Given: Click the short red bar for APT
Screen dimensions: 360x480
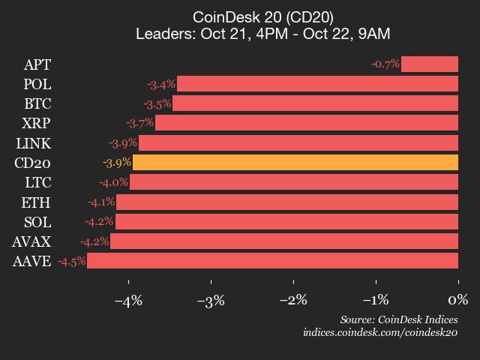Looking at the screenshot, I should [x=429, y=64].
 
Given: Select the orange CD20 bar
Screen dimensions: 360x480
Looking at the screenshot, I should [x=295, y=163].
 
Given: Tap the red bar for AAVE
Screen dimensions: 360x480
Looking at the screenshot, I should [x=272, y=261].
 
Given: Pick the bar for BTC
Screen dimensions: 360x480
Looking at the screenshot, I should [x=315, y=103].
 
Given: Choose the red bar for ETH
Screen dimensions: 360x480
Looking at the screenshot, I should [x=287, y=202].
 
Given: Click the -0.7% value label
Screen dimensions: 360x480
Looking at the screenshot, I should [x=385, y=64].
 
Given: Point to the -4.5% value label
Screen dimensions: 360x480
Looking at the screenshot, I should [x=71, y=261].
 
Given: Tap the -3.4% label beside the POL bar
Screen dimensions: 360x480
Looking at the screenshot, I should [x=161, y=84].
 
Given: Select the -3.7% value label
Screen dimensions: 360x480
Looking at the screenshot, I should [x=139, y=123].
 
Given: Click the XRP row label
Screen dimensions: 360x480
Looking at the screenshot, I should [x=37, y=123].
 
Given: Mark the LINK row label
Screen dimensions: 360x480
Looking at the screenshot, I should [x=34, y=143].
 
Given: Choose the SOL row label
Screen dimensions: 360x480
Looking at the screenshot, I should [x=37, y=222].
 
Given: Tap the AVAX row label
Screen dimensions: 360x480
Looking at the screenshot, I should [x=31, y=241].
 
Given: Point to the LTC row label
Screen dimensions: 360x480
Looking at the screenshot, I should [x=37, y=182].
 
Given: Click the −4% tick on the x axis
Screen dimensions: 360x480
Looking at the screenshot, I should [x=127, y=300].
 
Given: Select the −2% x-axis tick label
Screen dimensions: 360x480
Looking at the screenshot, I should [x=292, y=300].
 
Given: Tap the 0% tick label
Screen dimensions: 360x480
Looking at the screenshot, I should [x=457, y=300].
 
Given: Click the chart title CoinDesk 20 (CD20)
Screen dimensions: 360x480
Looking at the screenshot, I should [x=263, y=16].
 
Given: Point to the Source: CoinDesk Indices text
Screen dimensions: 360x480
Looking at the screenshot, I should [x=398, y=319].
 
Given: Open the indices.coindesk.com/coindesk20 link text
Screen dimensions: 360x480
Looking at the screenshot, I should [x=380, y=332].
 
